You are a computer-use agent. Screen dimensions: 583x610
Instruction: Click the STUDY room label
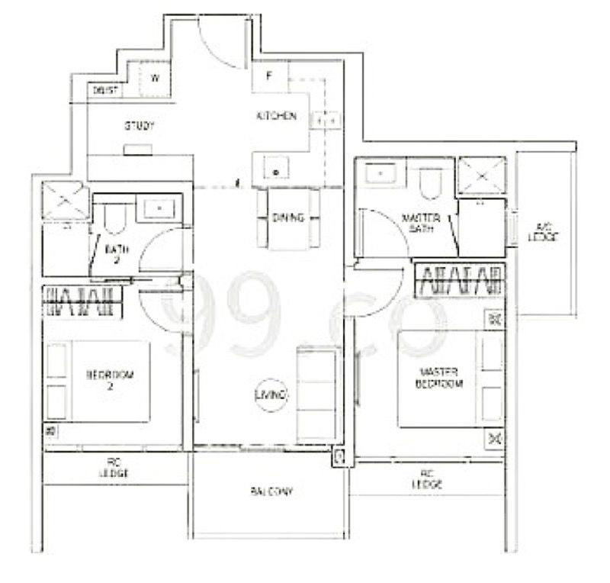tap(139, 126)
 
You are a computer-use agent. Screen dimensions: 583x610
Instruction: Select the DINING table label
tap(287, 217)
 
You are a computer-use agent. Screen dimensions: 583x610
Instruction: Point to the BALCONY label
tap(270, 492)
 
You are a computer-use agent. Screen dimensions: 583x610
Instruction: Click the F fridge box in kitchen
tap(269, 76)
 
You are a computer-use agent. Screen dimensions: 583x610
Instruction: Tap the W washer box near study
tap(155, 78)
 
